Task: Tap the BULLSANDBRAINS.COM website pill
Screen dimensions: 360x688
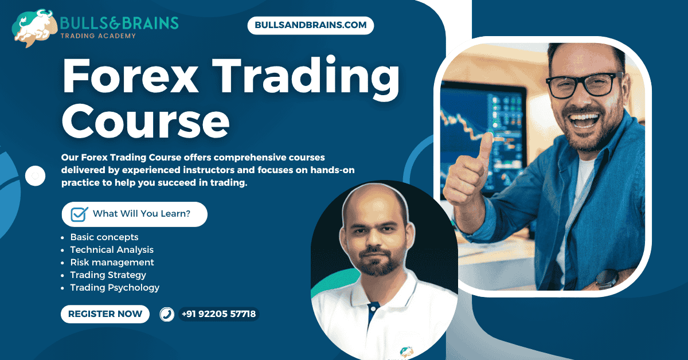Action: click(x=311, y=26)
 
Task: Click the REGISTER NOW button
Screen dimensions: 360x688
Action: click(x=105, y=314)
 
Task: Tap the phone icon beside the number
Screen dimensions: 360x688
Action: click(x=167, y=314)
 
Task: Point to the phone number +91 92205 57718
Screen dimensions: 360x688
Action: click(x=218, y=314)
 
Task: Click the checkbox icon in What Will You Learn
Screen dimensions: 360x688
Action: click(x=79, y=214)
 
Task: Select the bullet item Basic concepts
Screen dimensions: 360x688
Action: click(x=104, y=237)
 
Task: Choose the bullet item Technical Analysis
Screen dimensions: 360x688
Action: click(x=111, y=249)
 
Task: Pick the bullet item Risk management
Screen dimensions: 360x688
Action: click(x=112, y=262)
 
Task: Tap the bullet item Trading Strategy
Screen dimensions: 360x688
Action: click(x=108, y=275)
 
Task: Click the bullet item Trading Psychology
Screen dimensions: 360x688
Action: click(x=115, y=287)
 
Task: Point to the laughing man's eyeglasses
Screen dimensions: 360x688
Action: click(x=581, y=85)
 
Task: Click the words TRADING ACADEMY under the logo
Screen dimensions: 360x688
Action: click(x=98, y=36)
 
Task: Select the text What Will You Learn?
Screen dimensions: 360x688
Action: click(x=142, y=214)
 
